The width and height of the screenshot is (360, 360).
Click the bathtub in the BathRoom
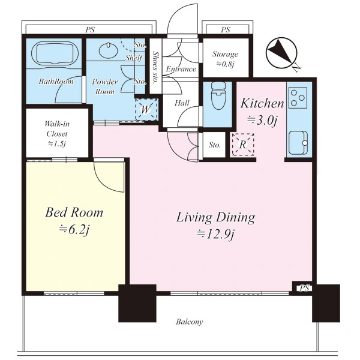click(x=54, y=53)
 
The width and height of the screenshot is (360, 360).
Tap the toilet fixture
click(x=218, y=95)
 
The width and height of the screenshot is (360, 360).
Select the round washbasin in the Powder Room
click(x=108, y=50)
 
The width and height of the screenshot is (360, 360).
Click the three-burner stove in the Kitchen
click(x=298, y=98)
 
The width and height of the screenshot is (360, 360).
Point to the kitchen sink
click(x=298, y=143)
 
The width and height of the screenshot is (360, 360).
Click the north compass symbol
click(x=283, y=53)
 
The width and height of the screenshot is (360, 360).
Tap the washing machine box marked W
click(x=146, y=109)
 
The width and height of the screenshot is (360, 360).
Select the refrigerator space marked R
click(x=242, y=145)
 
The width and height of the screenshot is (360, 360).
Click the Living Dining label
click(x=216, y=217)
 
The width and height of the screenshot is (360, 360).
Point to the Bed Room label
click(x=74, y=212)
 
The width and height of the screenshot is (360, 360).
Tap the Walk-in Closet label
click(x=57, y=129)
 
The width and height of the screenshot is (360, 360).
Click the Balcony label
click(x=190, y=322)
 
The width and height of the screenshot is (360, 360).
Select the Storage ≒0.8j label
click(x=225, y=59)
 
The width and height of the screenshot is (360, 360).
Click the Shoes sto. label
click(x=155, y=67)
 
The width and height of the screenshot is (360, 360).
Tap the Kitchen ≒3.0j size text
click(x=262, y=120)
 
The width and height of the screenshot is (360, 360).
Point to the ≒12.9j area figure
click(x=216, y=234)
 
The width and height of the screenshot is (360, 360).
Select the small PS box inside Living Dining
click(x=304, y=288)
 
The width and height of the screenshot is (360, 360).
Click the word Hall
click(x=182, y=103)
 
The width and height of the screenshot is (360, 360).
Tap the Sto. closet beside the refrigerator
click(x=214, y=145)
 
